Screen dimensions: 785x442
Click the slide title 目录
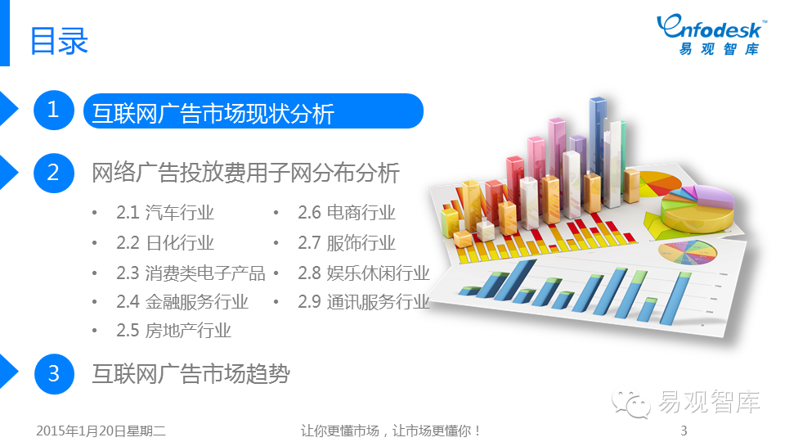59,41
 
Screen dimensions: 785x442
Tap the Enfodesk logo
711,34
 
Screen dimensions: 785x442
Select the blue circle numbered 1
54,110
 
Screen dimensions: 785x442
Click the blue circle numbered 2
54,173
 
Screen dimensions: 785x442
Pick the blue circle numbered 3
54,374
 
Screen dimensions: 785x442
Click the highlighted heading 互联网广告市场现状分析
213,113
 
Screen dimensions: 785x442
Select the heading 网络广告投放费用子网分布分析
245,173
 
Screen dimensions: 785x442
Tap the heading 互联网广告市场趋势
191,374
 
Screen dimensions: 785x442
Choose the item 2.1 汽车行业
165,213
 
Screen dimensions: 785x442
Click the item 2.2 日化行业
165,243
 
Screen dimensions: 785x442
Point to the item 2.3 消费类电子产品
191,273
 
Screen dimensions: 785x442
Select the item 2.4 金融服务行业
182,302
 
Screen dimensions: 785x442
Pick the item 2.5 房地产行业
173,330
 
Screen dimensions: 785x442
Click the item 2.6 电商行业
347,213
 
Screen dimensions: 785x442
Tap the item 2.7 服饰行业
347,243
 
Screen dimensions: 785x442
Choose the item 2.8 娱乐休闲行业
364,273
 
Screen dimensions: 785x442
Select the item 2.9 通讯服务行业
364,302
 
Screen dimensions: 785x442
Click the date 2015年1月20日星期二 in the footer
101,431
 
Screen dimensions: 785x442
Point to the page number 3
684,431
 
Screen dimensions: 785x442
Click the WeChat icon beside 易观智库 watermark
630,404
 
